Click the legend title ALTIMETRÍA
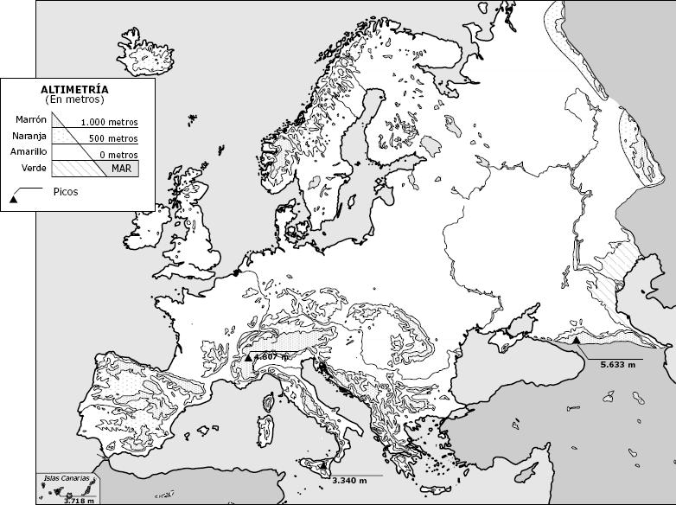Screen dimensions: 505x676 pos(74,89)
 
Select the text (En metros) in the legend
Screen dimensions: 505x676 pos(74,100)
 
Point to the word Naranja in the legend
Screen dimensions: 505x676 pos(29,136)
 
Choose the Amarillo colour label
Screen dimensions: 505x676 pos(29,151)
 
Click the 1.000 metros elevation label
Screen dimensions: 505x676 pos(109,123)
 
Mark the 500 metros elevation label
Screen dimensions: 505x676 pos(113,138)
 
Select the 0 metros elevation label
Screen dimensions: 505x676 pos(118,155)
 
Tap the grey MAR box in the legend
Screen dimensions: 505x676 pos(121,169)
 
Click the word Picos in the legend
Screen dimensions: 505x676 pos(65,192)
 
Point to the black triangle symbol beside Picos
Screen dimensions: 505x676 pos(13,200)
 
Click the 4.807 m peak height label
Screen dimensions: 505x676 pos(271,356)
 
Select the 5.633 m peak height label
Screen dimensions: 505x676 pos(618,365)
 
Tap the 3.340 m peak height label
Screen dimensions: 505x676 pos(349,481)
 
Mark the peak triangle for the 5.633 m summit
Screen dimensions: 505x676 pos(577,342)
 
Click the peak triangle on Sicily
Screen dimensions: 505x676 pos(322,466)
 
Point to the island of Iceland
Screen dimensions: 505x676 pos(144,57)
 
